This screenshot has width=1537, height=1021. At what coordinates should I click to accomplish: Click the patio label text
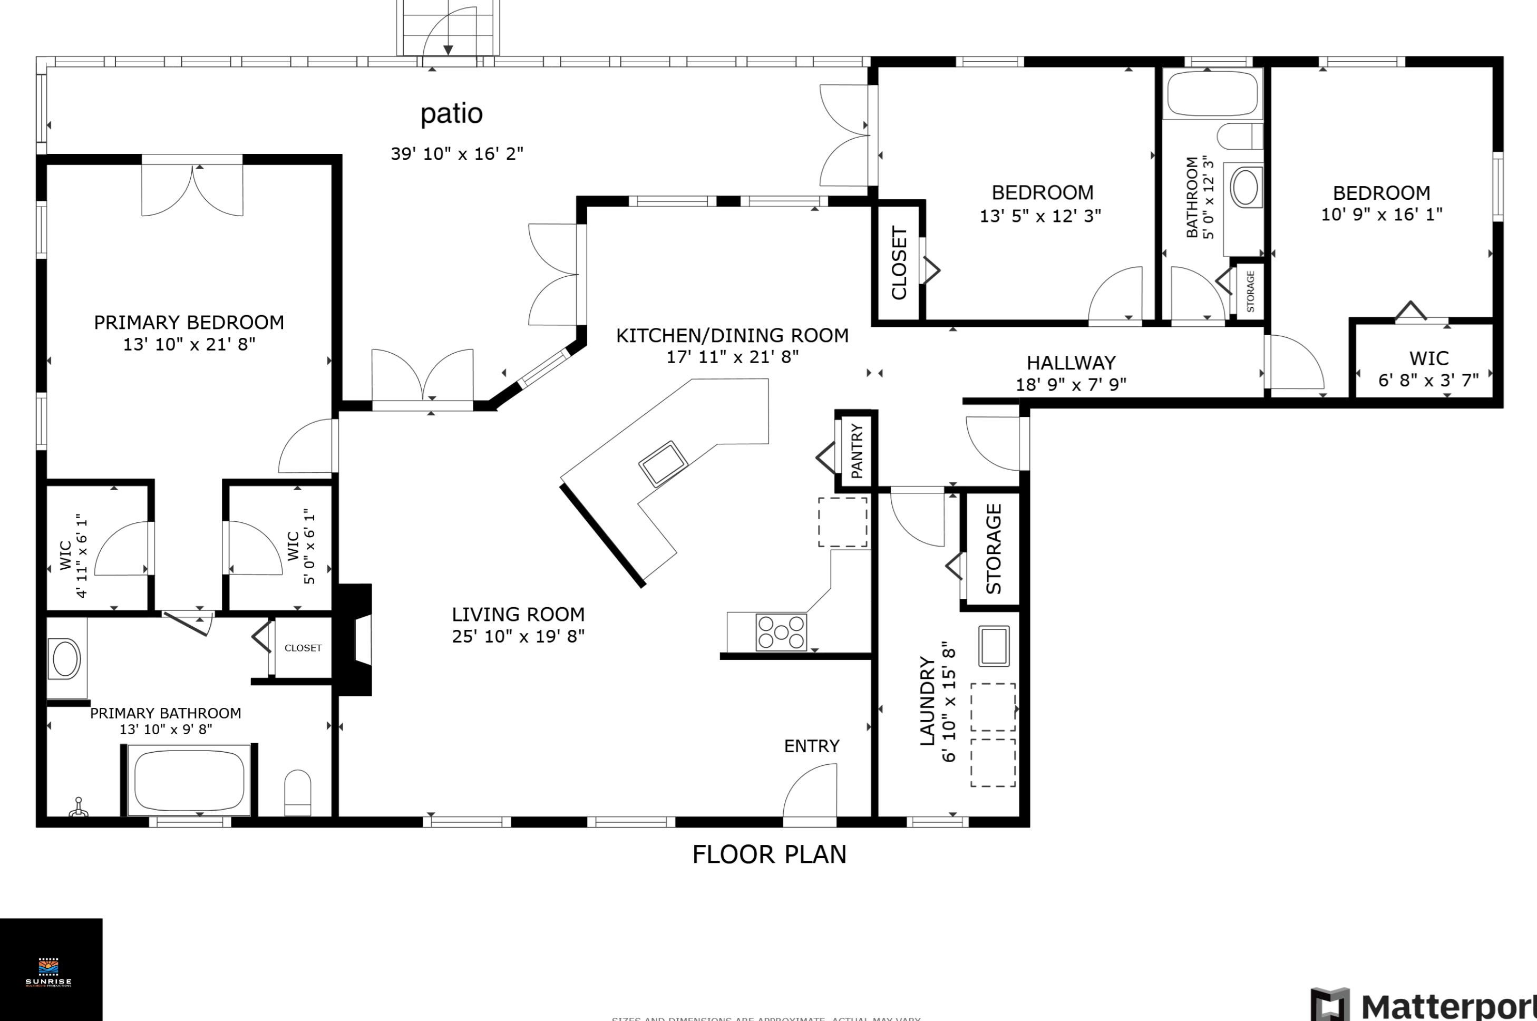click(x=451, y=114)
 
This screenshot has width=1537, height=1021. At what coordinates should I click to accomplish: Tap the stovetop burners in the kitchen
click(x=781, y=631)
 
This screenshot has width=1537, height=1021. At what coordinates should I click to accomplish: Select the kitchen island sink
click(x=663, y=464)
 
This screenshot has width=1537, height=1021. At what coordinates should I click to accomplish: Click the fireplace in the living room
click(x=355, y=640)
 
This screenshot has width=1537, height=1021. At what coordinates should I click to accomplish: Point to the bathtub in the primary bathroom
click(x=189, y=780)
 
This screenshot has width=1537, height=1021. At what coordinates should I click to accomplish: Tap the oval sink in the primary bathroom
click(x=66, y=659)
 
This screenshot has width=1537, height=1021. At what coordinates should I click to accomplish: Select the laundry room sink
click(x=994, y=646)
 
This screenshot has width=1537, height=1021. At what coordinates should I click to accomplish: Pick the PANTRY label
click(x=857, y=451)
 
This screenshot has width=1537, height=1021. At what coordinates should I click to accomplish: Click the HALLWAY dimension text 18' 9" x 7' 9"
click(x=1071, y=385)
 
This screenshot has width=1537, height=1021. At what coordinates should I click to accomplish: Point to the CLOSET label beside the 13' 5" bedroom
click(x=899, y=263)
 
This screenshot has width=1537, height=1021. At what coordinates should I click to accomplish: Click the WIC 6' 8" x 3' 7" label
click(x=1428, y=369)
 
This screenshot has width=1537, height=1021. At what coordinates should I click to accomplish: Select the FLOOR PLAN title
click(x=769, y=854)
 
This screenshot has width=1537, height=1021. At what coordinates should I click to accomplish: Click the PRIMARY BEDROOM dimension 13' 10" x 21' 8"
click(x=189, y=344)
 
